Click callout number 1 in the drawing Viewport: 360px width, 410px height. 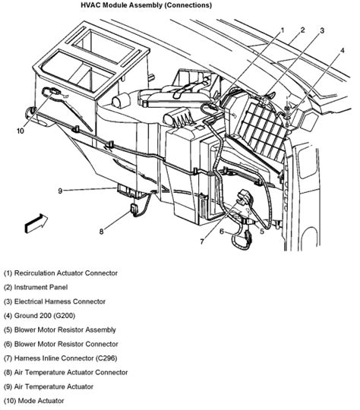283,30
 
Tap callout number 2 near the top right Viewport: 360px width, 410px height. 303,30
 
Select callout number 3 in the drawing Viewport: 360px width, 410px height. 322,30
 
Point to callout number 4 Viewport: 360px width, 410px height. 343,51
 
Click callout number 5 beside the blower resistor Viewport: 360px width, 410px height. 262,232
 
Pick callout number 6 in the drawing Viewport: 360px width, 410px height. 222,232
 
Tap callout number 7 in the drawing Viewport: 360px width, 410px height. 202,241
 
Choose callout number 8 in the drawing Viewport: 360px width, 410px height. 102,232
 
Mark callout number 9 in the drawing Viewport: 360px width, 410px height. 60,191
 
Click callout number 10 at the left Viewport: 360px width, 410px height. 21,131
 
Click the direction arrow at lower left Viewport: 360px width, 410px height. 36,223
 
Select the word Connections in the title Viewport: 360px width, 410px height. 188,5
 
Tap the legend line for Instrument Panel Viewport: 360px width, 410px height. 36,287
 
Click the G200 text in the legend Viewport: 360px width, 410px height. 64,316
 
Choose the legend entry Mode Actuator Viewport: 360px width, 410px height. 33,401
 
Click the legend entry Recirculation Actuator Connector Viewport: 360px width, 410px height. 61,273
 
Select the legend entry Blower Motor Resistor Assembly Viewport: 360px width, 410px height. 60,330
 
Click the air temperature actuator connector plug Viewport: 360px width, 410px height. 134,208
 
